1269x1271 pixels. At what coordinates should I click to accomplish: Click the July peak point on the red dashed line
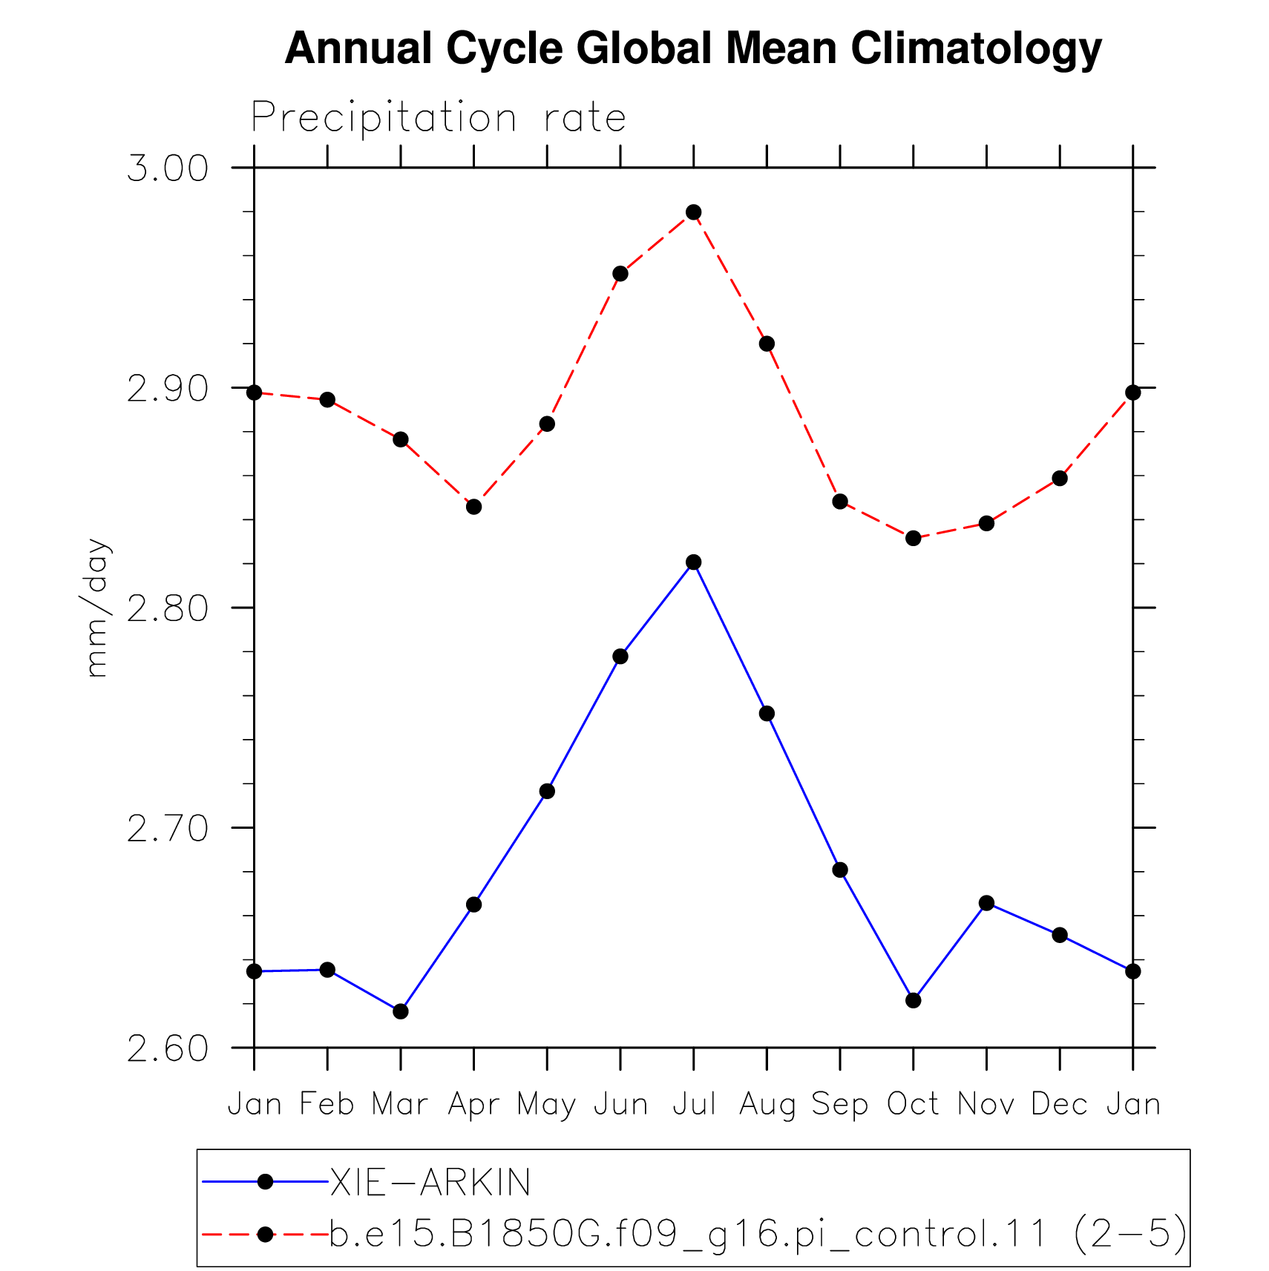click(693, 212)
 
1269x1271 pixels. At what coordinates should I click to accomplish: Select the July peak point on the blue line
click(693, 562)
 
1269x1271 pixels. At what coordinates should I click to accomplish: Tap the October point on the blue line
click(913, 1000)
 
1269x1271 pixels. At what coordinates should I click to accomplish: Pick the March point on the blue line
click(400, 1011)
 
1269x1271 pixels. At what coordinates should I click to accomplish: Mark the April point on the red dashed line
click(473, 507)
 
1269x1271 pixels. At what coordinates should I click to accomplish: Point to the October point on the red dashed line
click(913, 538)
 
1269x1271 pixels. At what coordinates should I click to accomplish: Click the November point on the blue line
click(986, 903)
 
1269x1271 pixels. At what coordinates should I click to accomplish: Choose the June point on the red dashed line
click(620, 274)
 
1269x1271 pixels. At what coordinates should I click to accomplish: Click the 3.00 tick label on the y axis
click(168, 168)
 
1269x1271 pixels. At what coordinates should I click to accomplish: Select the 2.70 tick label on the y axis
click(168, 828)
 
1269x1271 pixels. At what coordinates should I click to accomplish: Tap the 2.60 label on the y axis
click(168, 1048)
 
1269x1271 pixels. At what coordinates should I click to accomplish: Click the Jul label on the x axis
click(694, 1104)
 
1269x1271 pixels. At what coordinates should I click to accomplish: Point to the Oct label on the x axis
click(913, 1104)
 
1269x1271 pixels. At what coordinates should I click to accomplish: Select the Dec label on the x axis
click(1059, 1104)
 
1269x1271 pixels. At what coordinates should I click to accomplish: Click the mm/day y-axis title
click(97, 608)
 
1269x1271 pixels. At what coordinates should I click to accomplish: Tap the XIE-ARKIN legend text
click(430, 1182)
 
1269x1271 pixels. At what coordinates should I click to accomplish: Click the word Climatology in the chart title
click(977, 49)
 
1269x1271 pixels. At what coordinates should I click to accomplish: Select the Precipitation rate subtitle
click(439, 117)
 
